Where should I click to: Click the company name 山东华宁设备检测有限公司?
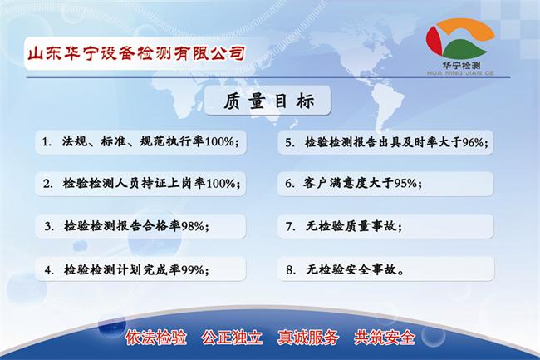[x=136, y=53]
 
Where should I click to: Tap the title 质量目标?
[x=271, y=102]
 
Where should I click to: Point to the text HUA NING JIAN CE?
[x=461, y=71]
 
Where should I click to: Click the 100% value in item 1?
[x=220, y=141]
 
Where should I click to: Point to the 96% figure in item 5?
[x=471, y=142]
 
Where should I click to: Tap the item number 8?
[x=290, y=269]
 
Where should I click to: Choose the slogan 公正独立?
[x=232, y=338]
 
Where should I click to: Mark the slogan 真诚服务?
[x=309, y=338]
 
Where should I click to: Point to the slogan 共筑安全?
[x=385, y=338]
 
